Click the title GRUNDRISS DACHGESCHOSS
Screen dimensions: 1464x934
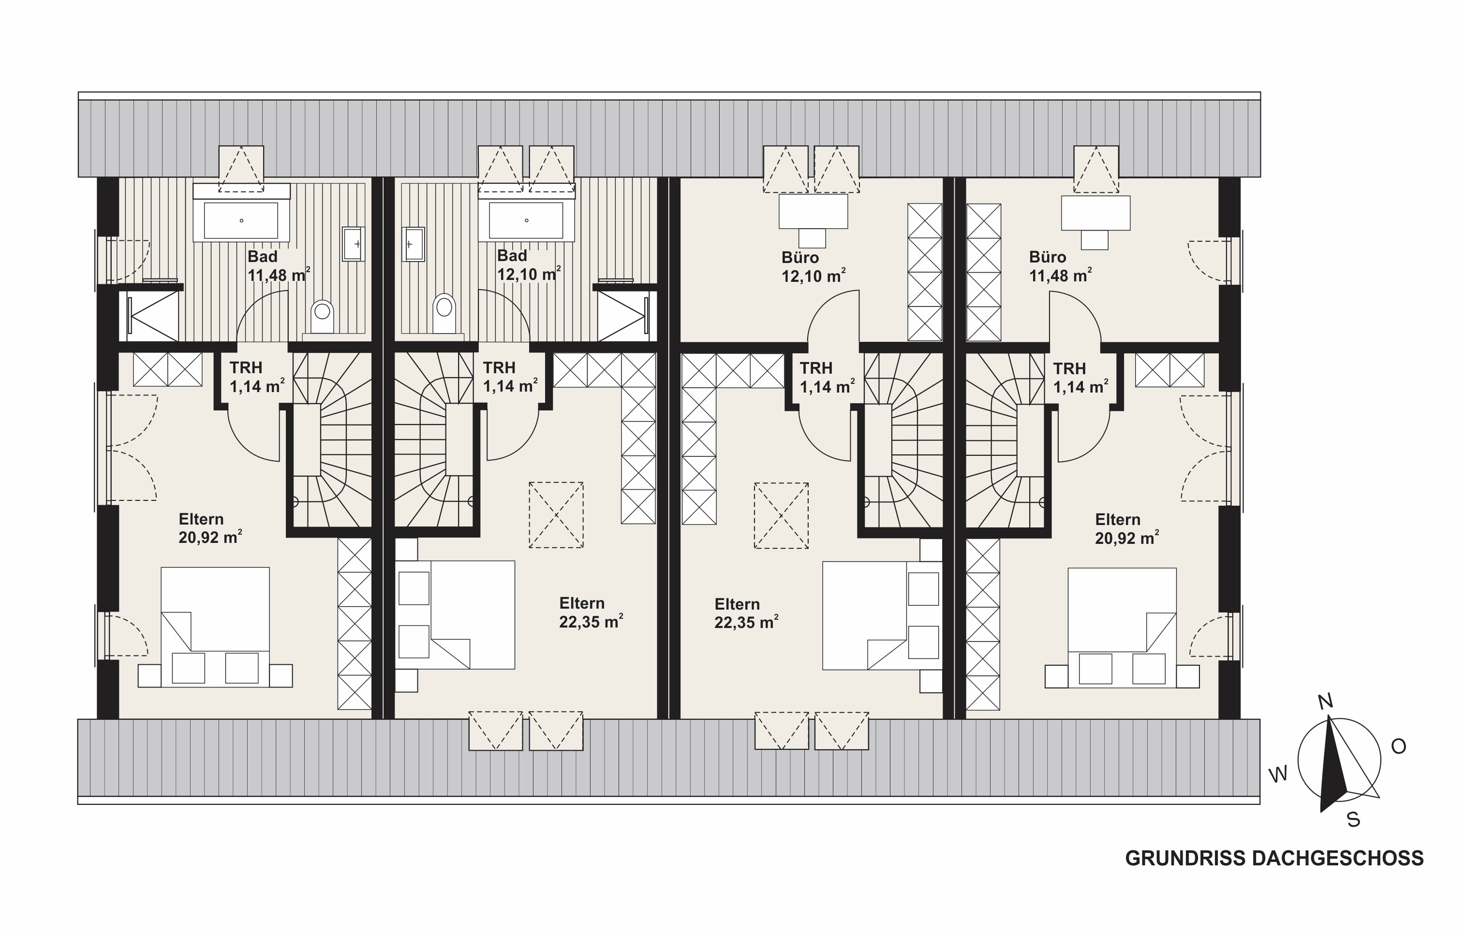1274,858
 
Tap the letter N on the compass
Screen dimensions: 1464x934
1325,702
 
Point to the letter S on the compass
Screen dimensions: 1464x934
1353,820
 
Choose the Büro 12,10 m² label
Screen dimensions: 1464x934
813,267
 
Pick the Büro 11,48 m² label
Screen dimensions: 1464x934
1060,266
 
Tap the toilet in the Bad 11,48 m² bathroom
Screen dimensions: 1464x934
322,317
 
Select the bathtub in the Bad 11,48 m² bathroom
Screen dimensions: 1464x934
241,220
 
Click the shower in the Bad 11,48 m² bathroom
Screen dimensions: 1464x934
151,315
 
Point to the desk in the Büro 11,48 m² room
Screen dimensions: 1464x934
1095,213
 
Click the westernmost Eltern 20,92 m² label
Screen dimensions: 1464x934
210,528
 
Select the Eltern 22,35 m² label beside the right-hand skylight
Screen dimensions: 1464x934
746,613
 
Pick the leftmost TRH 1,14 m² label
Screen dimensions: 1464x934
256,377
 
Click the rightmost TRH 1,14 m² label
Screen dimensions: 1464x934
1080,378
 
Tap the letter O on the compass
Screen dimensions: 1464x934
1398,746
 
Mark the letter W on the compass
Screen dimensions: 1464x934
1278,774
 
